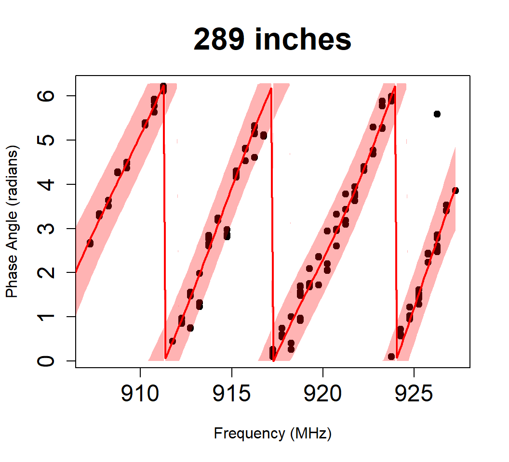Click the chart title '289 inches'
(x=272, y=39)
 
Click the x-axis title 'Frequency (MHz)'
(x=272, y=433)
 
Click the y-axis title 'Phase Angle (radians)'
(x=13, y=221)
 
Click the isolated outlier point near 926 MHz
(x=437, y=114)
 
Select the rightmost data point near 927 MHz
(x=455, y=191)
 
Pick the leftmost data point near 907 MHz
(x=90, y=243)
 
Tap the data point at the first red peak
(x=163, y=87)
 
